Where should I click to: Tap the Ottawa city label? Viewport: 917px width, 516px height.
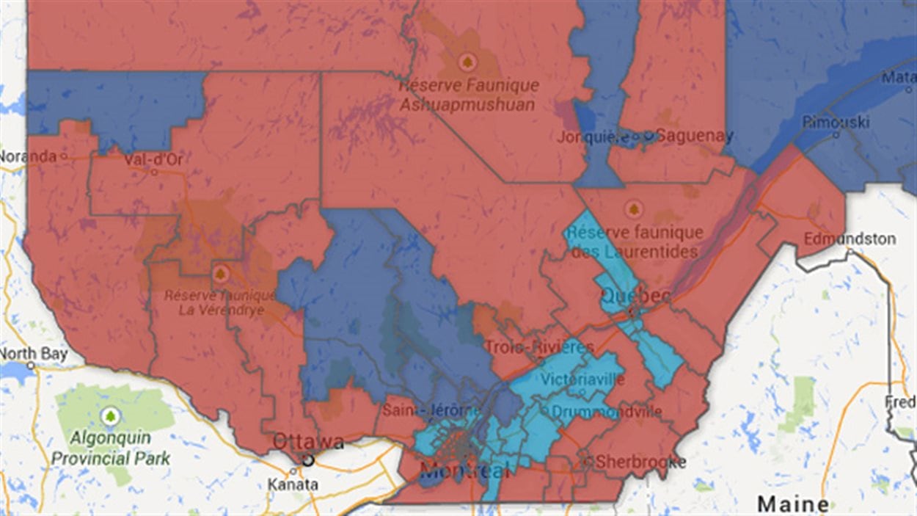click(x=307, y=442)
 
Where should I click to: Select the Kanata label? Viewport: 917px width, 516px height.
click(x=293, y=484)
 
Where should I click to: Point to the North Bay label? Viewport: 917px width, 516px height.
click(x=34, y=354)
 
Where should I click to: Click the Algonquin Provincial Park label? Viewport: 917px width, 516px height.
click(x=110, y=448)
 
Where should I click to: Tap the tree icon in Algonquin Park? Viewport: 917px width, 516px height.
click(x=110, y=415)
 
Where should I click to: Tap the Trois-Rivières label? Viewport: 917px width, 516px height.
click(x=538, y=346)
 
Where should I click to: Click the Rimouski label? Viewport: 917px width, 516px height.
click(x=836, y=121)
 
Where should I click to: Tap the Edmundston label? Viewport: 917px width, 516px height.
click(x=849, y=239)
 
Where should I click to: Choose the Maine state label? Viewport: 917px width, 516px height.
click(x=793, y=504)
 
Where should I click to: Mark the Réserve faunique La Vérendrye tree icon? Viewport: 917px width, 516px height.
click(x=220, y=274)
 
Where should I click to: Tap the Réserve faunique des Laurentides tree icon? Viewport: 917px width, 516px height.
click(x=633, y=210)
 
